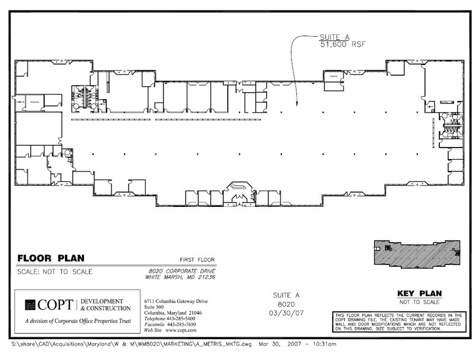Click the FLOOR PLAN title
[x=51, y=258]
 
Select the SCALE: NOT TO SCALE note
[x=55, y=272]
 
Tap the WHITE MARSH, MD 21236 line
[x=182, y=277]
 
